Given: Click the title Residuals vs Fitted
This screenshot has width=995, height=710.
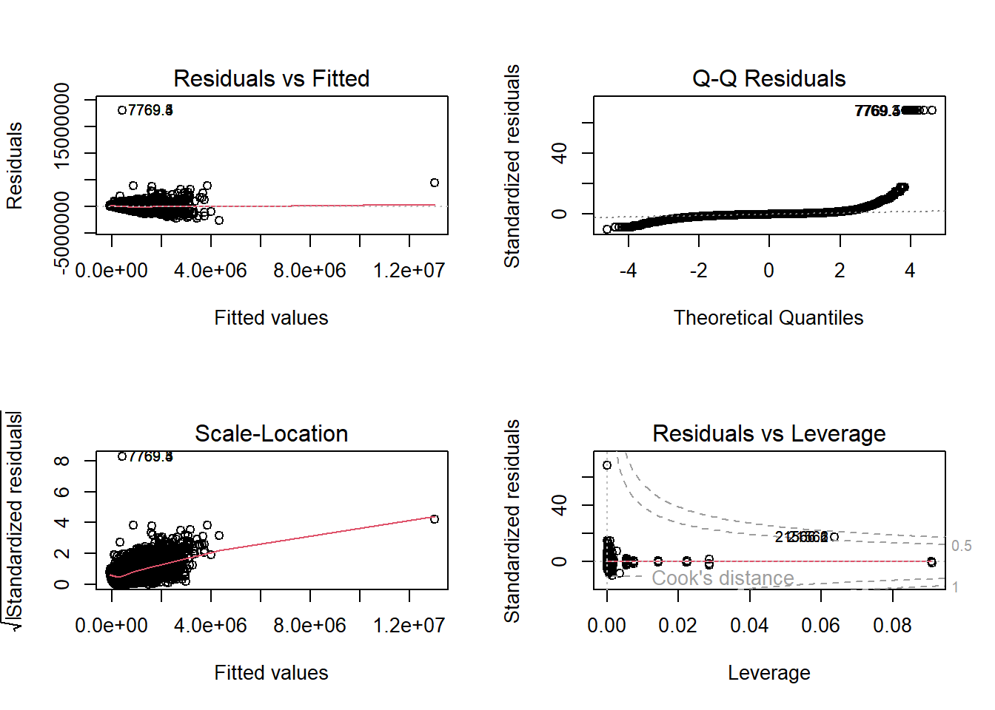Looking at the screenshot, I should pyautogui.click(x=271, y=78).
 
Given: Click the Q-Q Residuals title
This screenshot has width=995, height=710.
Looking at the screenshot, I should pyautogui.click(x=768, y=78).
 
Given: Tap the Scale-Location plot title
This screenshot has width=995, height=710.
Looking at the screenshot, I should pyautogui.click(x=271, y=433).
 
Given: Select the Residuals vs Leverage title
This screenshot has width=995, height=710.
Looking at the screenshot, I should pyautogui.click(x=768, y=433).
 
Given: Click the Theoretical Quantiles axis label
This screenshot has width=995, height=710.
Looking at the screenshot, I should pyautogui.click(x=768, y=318).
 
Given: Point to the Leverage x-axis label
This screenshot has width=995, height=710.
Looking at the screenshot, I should pyautogui.click(x=768, y=673).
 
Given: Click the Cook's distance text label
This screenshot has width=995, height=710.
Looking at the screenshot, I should pyautogui.click(x=723, y=578).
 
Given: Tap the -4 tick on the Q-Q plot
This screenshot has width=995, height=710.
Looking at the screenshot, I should pyautogui.click(x=628, y=271).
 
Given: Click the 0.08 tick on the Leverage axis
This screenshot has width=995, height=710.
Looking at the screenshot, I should pyautogui.click(x=892, y=626).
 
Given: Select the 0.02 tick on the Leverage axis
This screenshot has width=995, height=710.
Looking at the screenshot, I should pyautogui.click(x=677, y=626).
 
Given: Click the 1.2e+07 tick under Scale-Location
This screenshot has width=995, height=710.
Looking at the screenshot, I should pyautogui.click(x=409, y=626).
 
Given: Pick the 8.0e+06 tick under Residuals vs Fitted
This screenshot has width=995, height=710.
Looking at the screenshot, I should pyautogui.click(x=309, y=271).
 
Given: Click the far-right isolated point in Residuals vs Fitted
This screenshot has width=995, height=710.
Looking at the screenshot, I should pyautogui.click(x=435, y=183).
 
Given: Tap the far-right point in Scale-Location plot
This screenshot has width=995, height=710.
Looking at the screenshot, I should pyautogui.click(x=435, y=519).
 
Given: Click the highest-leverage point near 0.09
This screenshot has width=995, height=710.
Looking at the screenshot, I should pyautogui.click(x=931, y=562).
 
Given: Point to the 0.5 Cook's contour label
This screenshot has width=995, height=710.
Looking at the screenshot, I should pyautogui.click(x=961, y=546).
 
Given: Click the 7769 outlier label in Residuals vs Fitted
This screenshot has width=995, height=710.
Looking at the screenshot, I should pyautogui.click(x=150, y=110).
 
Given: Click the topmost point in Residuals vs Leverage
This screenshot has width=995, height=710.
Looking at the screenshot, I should pyautogui.click(x=607, y=465).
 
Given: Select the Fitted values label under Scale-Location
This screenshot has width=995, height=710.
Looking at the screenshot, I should pyautogui.click(x=271, y=673).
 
